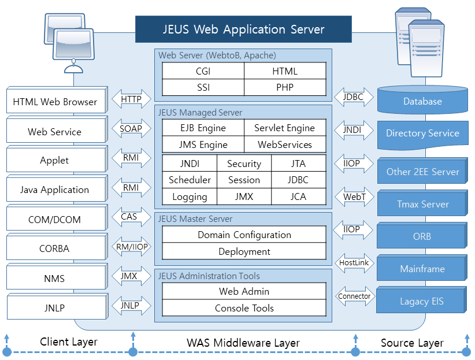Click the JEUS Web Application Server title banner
coord(243,29)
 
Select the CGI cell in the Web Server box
coord(203,71)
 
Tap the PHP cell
coord(285,88)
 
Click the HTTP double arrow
coord(131,99)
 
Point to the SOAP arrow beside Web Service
coord(131,129)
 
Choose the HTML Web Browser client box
coord(55,102)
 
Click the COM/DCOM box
coord(55,220)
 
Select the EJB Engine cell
coord(203,128)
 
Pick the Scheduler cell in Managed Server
coord(190,180)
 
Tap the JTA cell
coord(298,164)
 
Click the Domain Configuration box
coord(244,235)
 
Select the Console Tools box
coord(244,308)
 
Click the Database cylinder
coord(422,101)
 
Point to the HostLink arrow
coord(354,263)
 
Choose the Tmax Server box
coord(422,204)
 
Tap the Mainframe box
coord(422,269)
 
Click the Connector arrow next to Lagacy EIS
coord(354,296)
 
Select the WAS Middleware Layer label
coord(243,343)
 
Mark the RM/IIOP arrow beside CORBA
coord(131,247)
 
